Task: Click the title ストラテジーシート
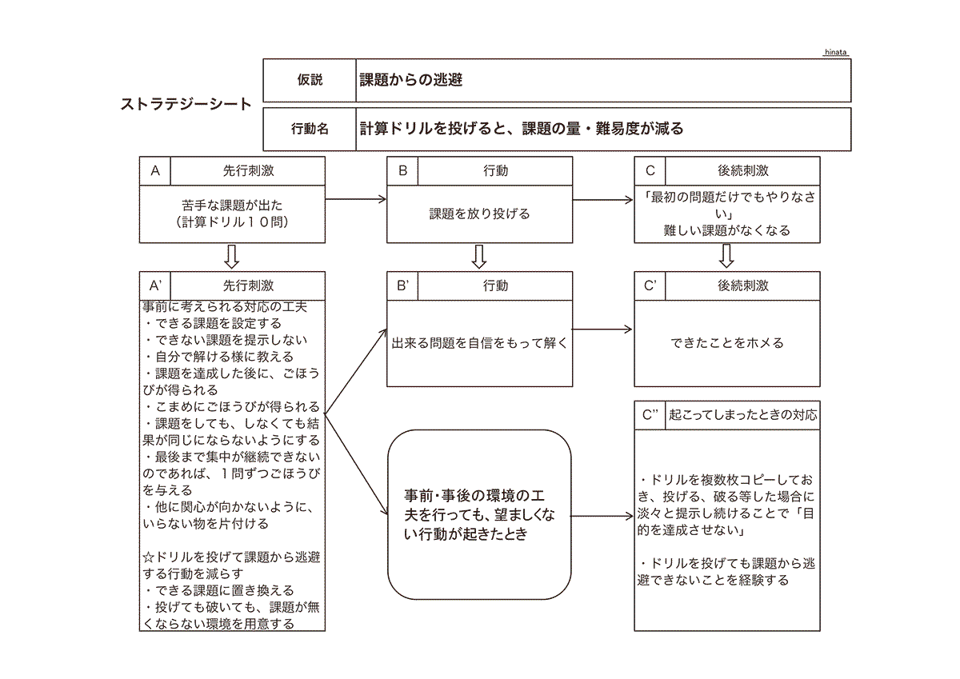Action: [x=186, y=104]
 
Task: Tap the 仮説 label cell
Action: [x=310, y=80]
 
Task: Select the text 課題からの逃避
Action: [x=411, y=80]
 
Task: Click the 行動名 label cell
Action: [x=310, y=129]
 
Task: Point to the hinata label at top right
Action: [x=835, y=52]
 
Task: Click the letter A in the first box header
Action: [x=155, y=170]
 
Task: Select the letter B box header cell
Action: [x=402, y=170]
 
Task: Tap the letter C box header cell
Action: [x=650, y=170]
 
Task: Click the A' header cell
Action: [x=155, y=286]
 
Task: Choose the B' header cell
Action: [x=402, y=286]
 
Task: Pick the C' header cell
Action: [x=650, y=286]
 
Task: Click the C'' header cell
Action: [x=650, y=415]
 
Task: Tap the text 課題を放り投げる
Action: [x=479, y=214]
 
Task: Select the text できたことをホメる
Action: [x=726, y=343]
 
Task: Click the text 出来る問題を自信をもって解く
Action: [x=479, y=343]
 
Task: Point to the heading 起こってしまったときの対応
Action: [x=742, y=415]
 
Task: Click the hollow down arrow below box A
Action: [x=232, y=257]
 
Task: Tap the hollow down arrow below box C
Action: [x=726, y=257]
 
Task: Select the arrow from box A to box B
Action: [x=356, y=200]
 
